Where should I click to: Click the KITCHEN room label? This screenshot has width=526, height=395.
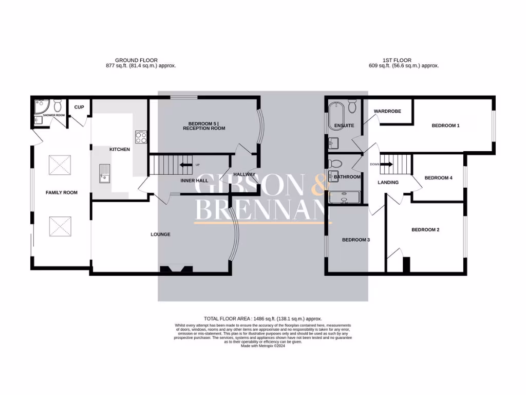[120, 149]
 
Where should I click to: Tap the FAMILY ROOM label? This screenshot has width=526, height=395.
[62, 192]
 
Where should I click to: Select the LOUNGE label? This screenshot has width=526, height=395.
[160, 235]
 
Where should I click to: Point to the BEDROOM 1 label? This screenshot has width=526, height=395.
[445, 125]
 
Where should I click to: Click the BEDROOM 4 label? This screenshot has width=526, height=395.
[438, 178]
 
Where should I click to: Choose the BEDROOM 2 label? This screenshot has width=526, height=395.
[425, 230]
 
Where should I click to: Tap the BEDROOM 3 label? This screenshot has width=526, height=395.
[356, 240]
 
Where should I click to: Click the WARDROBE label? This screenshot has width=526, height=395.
[387, 111]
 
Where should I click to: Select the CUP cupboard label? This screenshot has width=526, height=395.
[79, 107]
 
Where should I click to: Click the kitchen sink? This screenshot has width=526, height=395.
[104, 173]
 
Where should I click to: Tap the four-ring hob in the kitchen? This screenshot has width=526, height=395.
[141, 137]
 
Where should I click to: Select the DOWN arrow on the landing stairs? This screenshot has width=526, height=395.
[386, 165]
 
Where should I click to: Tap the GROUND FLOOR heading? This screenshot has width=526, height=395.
[136, 60]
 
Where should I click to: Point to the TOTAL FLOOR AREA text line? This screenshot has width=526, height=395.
[263, 319]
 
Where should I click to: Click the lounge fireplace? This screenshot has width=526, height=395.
[176, 268]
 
